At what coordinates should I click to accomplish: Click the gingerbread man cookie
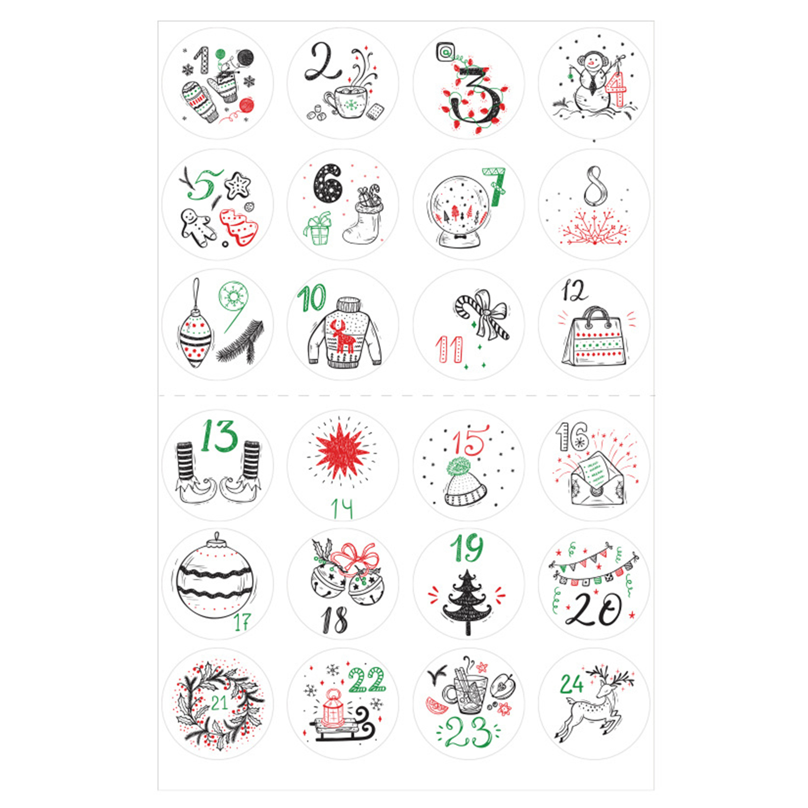tap(197, 228)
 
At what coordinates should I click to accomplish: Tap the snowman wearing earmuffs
tap(591, 86)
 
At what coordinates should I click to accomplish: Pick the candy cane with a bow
tap(483, 315)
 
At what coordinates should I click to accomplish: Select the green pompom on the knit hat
tap(460, 467)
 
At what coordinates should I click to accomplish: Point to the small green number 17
tap(242, 622)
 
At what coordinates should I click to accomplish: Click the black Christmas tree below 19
tap(467, 602)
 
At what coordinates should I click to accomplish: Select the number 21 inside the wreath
tap(219, 702)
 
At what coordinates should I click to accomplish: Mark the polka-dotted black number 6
tap(328, 183)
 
